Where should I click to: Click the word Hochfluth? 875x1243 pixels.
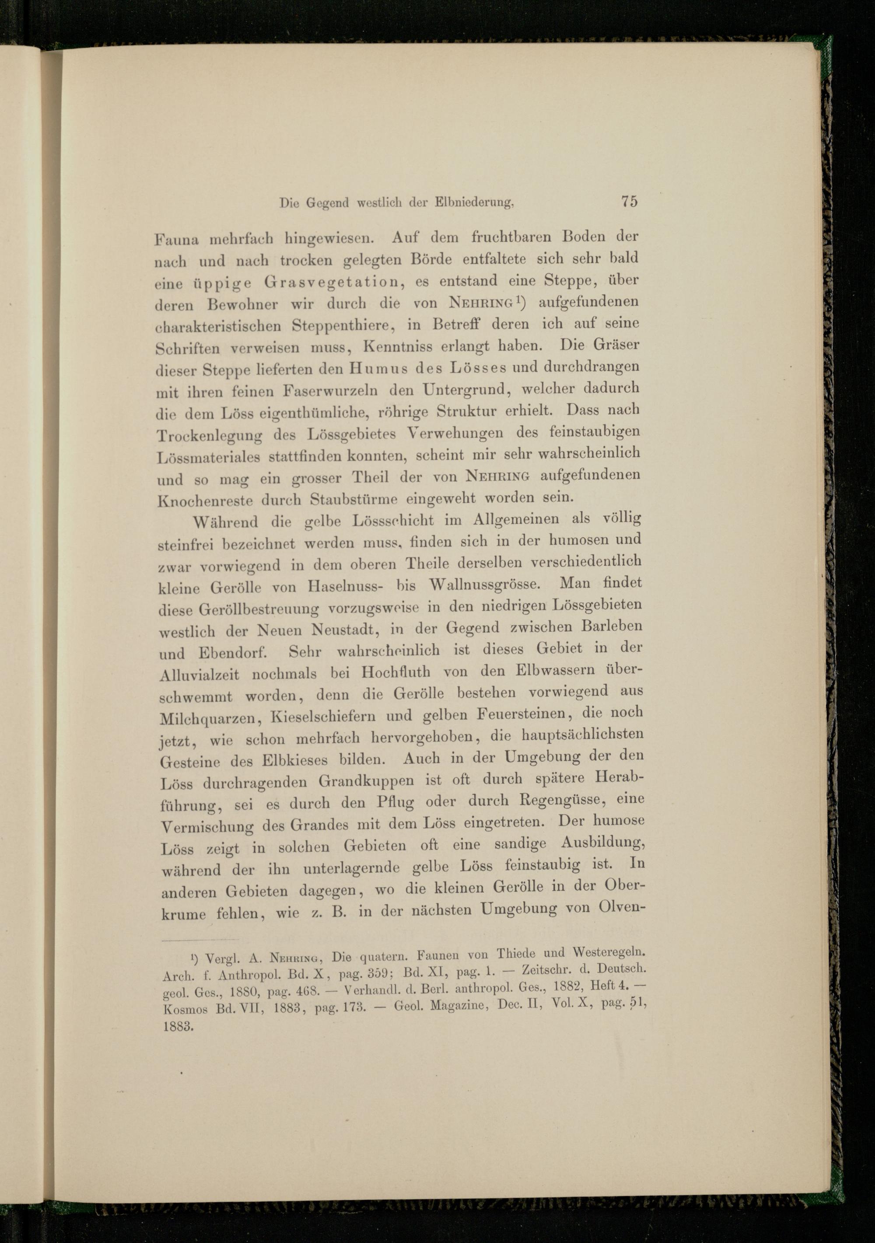396,673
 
